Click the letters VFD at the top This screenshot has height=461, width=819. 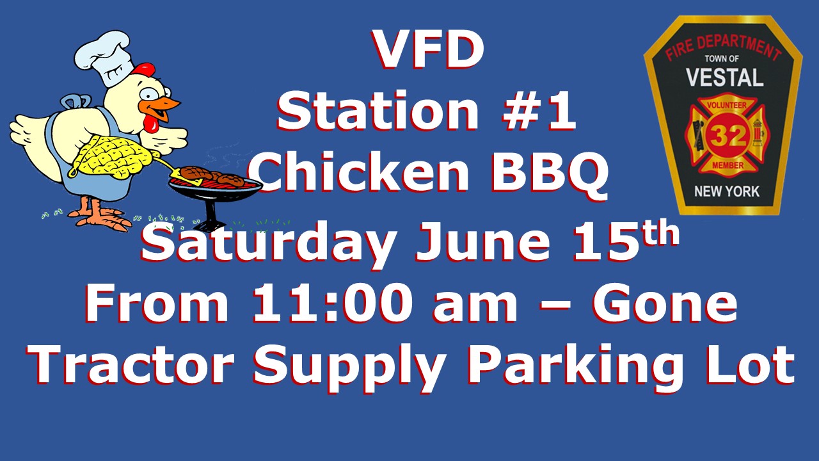(429, 50)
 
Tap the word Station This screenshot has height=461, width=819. (378, 111)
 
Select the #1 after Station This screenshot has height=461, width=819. (539, 111)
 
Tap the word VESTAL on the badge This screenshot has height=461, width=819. (725, 77)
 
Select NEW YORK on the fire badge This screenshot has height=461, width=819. (726, 191)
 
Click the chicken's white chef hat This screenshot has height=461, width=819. (105, 58)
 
